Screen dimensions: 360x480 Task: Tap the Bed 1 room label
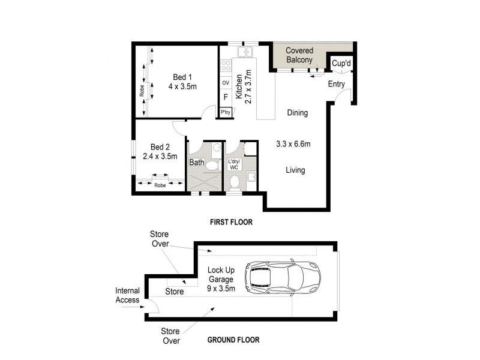(x=182, y=77)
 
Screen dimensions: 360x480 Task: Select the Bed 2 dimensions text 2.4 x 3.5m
(x=160, y=157)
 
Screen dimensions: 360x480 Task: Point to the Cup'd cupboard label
(x=341, y=63)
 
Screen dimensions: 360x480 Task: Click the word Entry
(x=336, y=84)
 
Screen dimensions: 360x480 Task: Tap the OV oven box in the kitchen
(x=226, y=83)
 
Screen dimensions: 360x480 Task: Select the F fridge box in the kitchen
(x=226, y=97)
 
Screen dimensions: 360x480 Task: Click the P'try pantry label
(x=226, y=112)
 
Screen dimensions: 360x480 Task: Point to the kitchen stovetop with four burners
(x=226, y=65)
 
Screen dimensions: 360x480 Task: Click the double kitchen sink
(x=245, y=51)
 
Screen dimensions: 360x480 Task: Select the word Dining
(x=297, y=113)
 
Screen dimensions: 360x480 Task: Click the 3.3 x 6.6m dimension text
(x=292, y=144)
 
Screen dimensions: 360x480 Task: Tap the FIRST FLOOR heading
(x=231, y=222)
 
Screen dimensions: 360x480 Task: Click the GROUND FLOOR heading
(x=233, y=340)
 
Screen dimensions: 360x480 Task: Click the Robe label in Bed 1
(x=142, y=91)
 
